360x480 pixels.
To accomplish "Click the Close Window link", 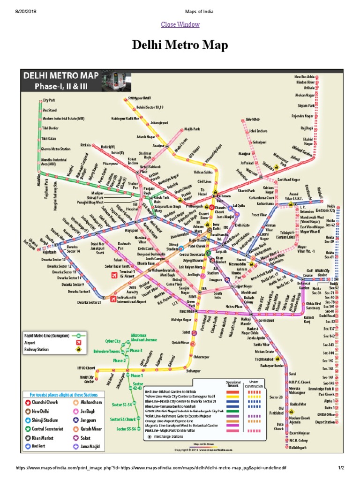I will [x=180, y=24].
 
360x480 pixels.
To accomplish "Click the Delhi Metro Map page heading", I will [x=180, y=45].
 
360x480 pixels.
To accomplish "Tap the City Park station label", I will [x=49, y=100].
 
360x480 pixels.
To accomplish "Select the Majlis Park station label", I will [x=192, y=128].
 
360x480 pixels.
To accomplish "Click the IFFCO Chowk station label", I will [x=87, y=368].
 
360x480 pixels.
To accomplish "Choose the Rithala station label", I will [x=85, y=145].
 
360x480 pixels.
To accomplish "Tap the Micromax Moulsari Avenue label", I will [x=144, y=337].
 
